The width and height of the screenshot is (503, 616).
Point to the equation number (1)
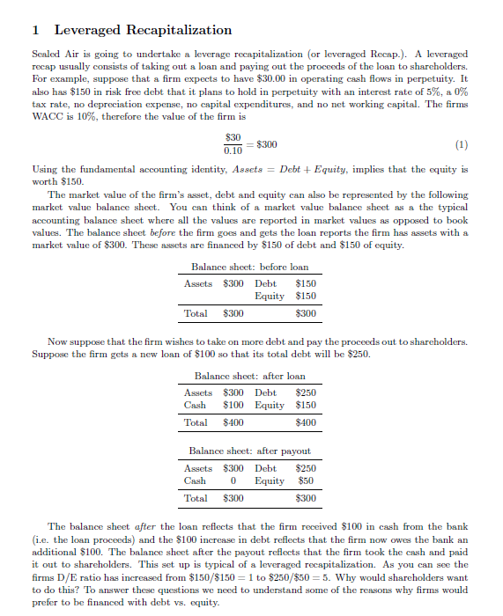(462, 144)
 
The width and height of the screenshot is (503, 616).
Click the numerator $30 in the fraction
(233, 137)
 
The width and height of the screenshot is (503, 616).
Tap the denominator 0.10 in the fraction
(233, 150)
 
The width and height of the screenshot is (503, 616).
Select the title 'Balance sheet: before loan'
(250, 267)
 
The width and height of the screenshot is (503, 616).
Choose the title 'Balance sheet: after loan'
(250, 376)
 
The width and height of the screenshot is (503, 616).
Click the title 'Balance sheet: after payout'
(250, 451)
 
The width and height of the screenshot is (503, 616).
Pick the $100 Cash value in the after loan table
(233, 405)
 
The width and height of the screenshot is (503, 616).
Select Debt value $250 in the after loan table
(306, 392)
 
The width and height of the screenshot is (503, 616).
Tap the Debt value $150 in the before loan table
(306, 283)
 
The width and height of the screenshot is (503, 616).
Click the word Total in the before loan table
(196, 313)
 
